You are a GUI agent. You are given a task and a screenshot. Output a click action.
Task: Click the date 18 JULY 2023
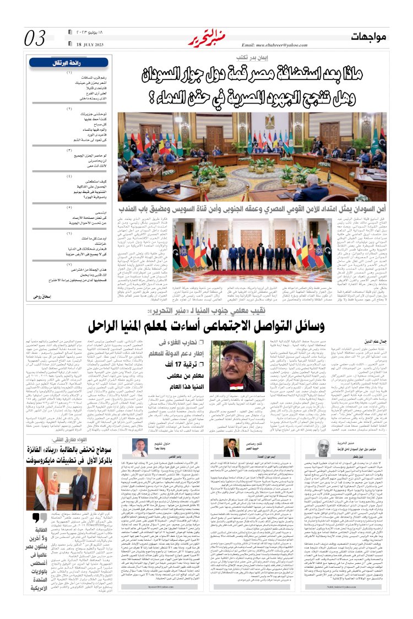[87, 44]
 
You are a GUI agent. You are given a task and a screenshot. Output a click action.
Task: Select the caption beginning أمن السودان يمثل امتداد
[259, 209]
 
